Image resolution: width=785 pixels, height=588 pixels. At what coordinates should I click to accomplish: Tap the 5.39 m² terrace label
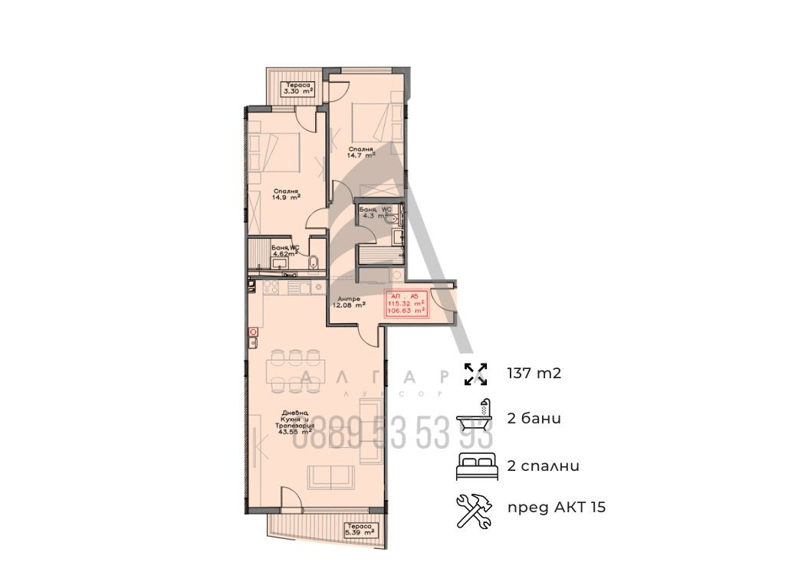click(358, 530)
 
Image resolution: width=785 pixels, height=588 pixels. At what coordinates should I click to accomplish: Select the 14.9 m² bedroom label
click(284, 194)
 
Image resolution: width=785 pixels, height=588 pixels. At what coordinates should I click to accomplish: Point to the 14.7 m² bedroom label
click(360, 152)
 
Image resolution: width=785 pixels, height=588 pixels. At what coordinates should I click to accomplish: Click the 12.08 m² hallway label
click(348, 301)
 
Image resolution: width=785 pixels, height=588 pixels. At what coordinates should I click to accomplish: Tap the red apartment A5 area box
click(407, 304)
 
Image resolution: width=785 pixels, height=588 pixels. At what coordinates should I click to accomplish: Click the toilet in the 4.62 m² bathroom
click(310, 263)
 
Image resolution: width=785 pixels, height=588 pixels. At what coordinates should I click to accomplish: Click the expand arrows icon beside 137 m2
click(476, 374)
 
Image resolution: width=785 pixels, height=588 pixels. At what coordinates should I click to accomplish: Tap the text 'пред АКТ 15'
click(557, 508)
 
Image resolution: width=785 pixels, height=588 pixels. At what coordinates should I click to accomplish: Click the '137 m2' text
click(540, 374)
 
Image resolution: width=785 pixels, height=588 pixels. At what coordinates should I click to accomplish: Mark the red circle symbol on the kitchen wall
click(252, 332)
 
